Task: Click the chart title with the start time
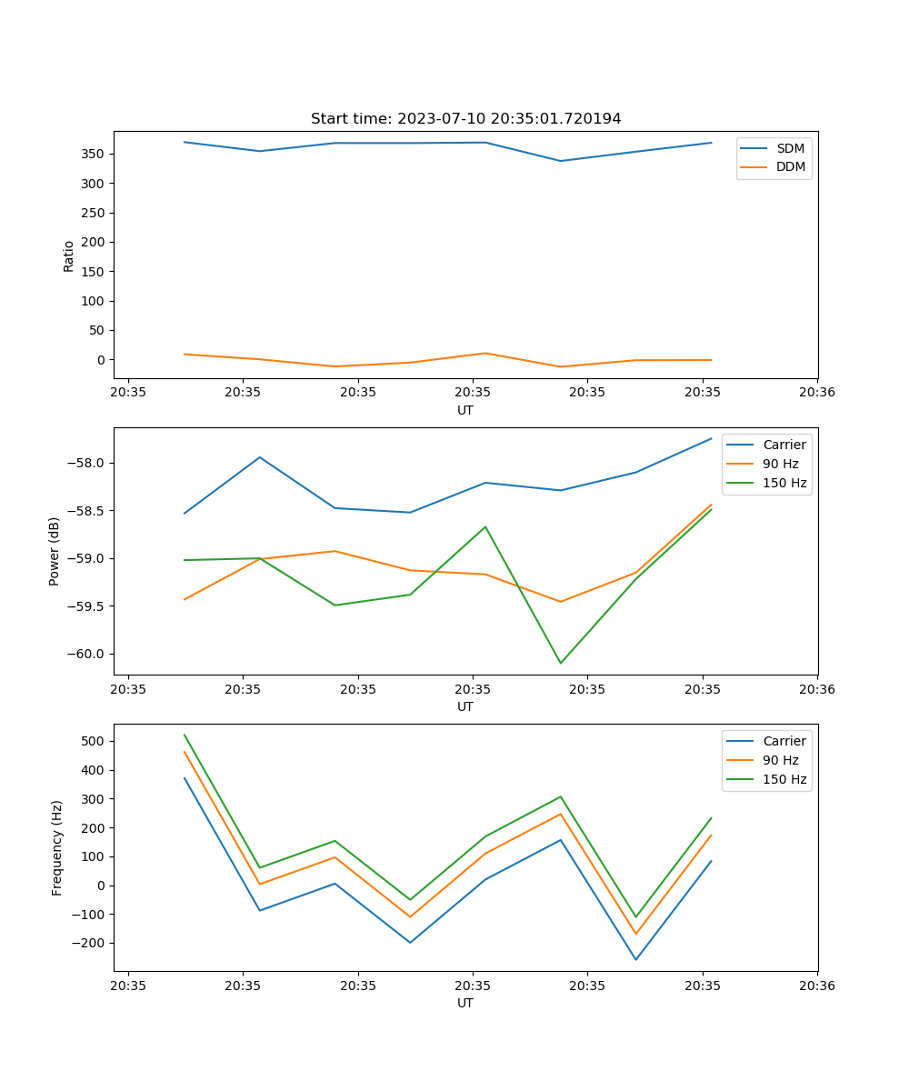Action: (x=465, y=119)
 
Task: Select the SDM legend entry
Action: (x=789, y=148)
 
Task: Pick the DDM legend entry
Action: (x=790, y=166)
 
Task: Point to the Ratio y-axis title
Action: (x=69, y=255)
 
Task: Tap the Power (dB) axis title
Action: (x=55, y=551)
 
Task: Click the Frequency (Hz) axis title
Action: (x=56, y=847)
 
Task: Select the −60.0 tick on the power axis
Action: (x=86, y=654)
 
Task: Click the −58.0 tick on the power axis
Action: (x=86, y=463)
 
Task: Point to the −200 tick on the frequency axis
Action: (x=89, y=943)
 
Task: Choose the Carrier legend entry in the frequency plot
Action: (x=784, y=741)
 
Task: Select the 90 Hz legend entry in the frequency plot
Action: (x=780, y=760)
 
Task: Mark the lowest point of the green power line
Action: (x=560, y=663)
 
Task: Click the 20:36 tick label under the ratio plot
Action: (x=816, y=393)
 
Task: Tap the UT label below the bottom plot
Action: (x=465, y=1003)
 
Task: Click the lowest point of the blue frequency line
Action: (x=635, y=959)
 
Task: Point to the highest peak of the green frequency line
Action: (x=185, y=735)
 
